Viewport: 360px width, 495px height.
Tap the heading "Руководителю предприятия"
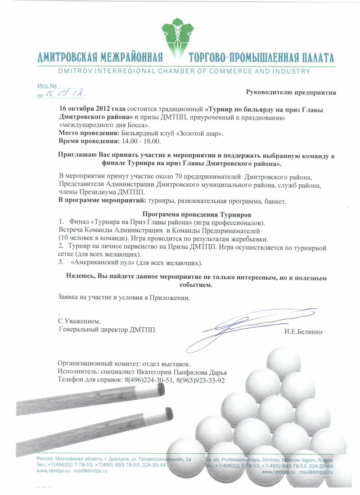291,93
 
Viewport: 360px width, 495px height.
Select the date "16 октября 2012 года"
93,109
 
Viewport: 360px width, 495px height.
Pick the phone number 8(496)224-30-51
149,380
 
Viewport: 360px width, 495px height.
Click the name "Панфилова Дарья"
202,372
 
